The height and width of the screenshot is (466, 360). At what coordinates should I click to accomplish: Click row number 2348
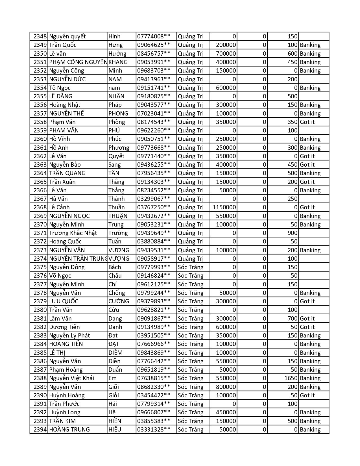point(40,36)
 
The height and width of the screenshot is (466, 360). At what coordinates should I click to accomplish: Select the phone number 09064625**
point(154,45)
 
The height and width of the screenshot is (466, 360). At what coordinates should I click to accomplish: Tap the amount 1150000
point(224,207)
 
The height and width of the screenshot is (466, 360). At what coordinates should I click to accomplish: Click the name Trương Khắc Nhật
point(73,233)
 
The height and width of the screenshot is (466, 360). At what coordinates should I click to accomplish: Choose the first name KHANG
point(118,62)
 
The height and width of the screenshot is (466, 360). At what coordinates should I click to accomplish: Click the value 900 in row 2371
point(293,233)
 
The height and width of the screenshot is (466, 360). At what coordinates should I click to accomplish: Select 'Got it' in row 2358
point(307,122)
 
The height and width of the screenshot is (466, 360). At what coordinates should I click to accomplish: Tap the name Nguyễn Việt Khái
point(71,378)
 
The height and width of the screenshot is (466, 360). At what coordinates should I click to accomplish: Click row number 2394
point(40,430)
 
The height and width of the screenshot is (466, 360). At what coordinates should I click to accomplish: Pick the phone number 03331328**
point(154,430)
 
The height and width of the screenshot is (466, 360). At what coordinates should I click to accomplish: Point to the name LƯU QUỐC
point(64,301)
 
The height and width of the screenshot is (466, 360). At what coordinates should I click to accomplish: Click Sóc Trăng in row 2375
point(191,267)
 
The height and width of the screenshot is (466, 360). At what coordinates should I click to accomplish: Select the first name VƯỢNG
point(119,259)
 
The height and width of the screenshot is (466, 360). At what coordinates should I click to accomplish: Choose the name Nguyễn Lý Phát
point(69,336)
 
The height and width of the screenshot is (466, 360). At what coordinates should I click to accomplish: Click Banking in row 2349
point(310,45)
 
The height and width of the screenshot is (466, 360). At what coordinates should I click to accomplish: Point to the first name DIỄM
point(115,353)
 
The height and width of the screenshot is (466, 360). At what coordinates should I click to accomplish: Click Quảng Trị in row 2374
point(191,259)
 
